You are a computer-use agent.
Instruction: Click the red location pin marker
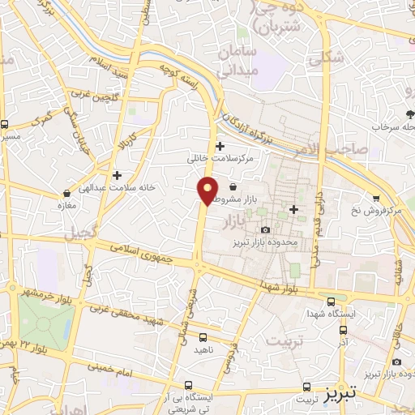(208, 190)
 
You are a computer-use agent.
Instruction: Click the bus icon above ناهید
(203, 336)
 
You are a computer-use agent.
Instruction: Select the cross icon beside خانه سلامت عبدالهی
(118, 174)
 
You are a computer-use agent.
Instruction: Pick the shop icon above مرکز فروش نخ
(376, 199)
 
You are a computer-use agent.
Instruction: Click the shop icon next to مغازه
(66, 194)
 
